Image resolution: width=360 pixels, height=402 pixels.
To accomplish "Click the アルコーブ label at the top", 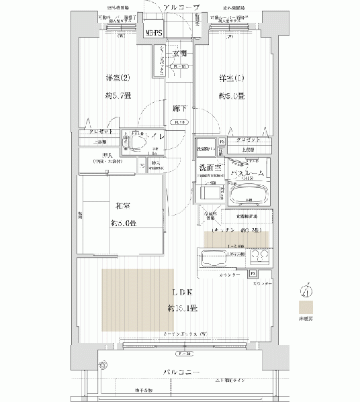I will (180, 6).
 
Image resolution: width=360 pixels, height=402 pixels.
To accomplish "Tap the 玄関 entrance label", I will (179, 54).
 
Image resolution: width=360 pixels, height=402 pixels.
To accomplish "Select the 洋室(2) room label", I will (111, 78).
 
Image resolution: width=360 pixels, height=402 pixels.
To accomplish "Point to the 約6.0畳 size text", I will (230, 96).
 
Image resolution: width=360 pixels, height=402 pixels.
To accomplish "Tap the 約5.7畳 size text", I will (111, 96).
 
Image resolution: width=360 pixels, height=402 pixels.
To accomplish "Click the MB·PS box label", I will (153, 32).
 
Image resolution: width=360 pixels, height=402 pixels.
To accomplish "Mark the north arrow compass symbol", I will (306, 291).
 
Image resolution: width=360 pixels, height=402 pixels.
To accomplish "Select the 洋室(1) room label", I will (230, 78).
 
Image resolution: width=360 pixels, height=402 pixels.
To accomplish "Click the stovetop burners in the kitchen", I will (261, 258).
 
